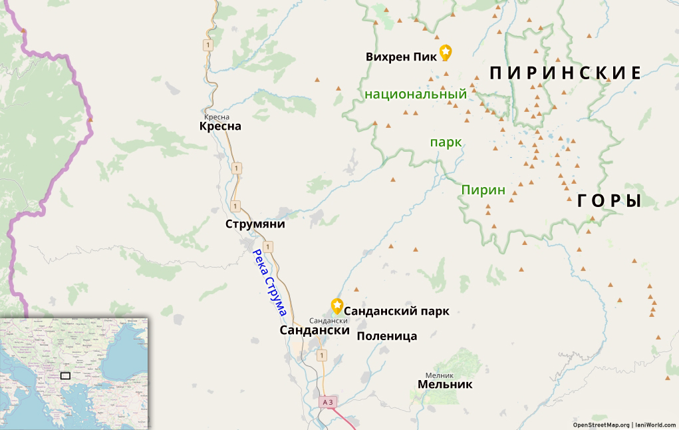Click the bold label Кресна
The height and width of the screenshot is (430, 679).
pos(220,126)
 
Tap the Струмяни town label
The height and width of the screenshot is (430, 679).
pos(255,224)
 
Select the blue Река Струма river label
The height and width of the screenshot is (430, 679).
pos(269,282)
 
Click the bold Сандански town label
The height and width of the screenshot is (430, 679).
pos(315,330)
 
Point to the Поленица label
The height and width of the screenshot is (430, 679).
pos(387,336)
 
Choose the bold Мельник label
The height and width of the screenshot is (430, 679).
pos(445,385)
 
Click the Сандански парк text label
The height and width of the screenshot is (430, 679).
pos(396,311)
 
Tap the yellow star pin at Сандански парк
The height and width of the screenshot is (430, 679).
pos(337,306)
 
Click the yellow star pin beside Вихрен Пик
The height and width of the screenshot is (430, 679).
pos(446,52)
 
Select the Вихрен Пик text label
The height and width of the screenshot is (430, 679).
pos(401,57)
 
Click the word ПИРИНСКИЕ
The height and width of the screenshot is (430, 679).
pos(565,73)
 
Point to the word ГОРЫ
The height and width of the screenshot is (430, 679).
pos(609,201)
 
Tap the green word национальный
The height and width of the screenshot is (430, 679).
pos(416,95)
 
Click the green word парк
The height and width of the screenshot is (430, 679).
pos(446,142)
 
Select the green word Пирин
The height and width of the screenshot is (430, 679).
pos(483,190)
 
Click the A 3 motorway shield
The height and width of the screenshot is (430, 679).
pos(327,402)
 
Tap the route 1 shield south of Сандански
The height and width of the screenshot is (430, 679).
pos(322,355)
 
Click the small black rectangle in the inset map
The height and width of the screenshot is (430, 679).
pos(65,375)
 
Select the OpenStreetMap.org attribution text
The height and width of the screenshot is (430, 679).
pos(601,425)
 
